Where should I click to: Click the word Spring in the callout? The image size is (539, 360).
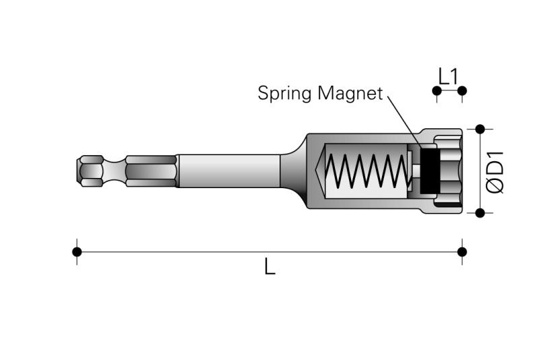pyautogui.click(x=285, y=94)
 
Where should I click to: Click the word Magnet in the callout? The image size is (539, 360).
pyautogui.click(x=350, y=93)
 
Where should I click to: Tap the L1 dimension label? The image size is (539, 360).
pyautogui.click(x=449, y=76)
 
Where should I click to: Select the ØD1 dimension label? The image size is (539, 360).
pyautogui.click(x=495, y=172)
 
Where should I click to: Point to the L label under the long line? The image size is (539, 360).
pyautogui.click(x=270, y=266)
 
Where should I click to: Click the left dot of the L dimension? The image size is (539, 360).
pyautogui.click(x=77, y=252)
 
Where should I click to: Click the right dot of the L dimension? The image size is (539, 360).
pyautogui.click(x=462, y=252)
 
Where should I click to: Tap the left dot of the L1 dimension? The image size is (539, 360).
pyautogui.click(x=437, y=91)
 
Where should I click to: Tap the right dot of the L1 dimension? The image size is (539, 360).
pyautogui.click(x=462, y=91)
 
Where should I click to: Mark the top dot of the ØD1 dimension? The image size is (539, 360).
pyautogui.click(x=480, y=129)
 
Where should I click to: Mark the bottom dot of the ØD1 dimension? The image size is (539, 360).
pyautogui.click(x=480, y=213)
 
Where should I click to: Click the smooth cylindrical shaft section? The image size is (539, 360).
pyautogui.click(x=228, y=171)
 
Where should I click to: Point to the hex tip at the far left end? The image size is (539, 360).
pyautogui.click(x=90, y=171)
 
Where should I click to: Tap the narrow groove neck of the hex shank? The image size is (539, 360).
pyautogui.click(x=115, y=171)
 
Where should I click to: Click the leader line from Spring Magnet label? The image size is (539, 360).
pyautogui.click(x=405, y=122)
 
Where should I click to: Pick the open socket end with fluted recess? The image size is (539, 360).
pyautogui.click(x=448, y=171)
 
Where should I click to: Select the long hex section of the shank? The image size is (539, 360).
pyautogui.click(x=151, y=171)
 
